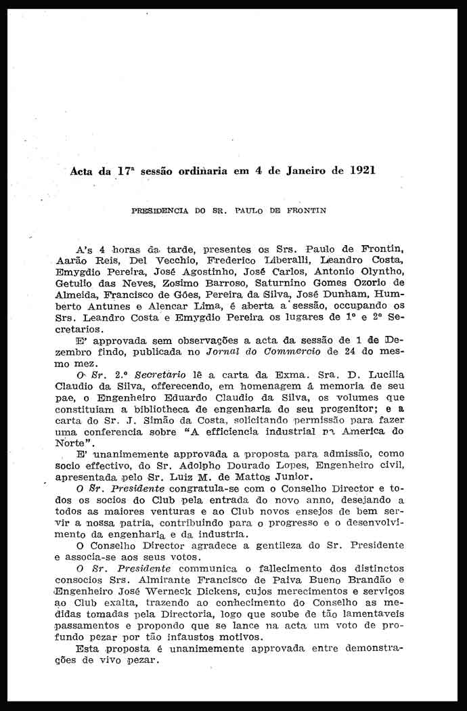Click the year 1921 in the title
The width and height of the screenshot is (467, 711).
point(361,171)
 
